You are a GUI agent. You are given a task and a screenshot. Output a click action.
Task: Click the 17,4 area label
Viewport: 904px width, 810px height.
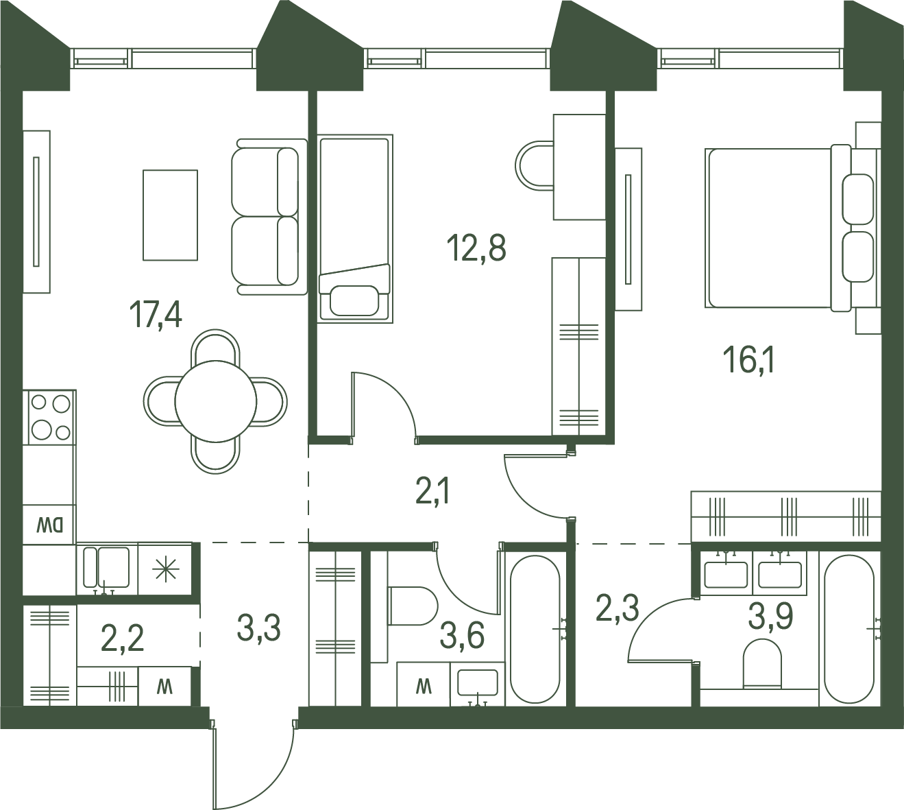tap(156, 314)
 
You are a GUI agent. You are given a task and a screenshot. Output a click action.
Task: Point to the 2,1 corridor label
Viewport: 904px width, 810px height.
tap(432, 490)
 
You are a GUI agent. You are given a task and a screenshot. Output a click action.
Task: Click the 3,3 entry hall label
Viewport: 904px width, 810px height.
tap(259, 628)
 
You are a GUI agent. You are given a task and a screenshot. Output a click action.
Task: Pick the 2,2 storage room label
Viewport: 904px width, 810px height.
tap(122, 638)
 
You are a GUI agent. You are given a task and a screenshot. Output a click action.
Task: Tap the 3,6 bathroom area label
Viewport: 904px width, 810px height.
tap(462, 636)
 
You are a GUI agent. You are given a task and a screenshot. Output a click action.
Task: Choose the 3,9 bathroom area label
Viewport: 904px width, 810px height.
tap(770, 617)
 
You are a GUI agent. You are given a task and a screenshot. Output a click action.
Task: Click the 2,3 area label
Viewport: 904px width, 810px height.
tap(617, 608)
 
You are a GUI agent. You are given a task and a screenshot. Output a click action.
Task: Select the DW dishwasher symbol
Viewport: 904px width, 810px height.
tap(49, 525)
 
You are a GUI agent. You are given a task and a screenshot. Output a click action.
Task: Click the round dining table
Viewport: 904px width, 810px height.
tap(215, 401)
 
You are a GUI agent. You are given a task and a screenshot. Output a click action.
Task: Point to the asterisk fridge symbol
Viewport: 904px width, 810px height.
tap(165, 569)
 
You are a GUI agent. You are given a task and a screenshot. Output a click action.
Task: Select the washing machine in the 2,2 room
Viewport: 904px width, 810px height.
tap(164, 687)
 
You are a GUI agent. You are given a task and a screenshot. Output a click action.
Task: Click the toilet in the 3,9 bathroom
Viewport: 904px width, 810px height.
tap(763, 663)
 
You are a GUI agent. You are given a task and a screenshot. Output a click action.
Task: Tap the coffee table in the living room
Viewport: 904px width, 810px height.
tap(170, 215)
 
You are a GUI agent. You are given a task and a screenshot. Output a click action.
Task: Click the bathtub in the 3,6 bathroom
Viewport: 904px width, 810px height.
tap(535, 630)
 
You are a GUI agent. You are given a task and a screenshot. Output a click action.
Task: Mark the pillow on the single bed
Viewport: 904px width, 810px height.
tap(354, 300)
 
